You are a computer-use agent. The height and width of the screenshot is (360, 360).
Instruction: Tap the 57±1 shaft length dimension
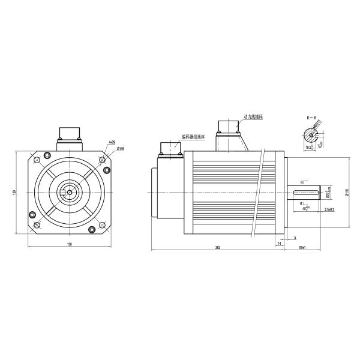pos(302,247)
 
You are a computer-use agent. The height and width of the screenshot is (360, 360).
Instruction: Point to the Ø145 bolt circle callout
pos(121,148)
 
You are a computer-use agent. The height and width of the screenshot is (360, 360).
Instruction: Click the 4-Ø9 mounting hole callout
pos(112,142)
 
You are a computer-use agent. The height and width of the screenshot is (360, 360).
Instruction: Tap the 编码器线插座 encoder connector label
pos(193,136)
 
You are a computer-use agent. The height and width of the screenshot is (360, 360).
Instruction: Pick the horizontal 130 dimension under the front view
pos(70,245)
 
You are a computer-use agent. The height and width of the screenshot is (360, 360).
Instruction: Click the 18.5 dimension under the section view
pos(310,147)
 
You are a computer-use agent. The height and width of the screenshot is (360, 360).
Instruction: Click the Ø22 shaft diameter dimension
pos(328,193)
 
